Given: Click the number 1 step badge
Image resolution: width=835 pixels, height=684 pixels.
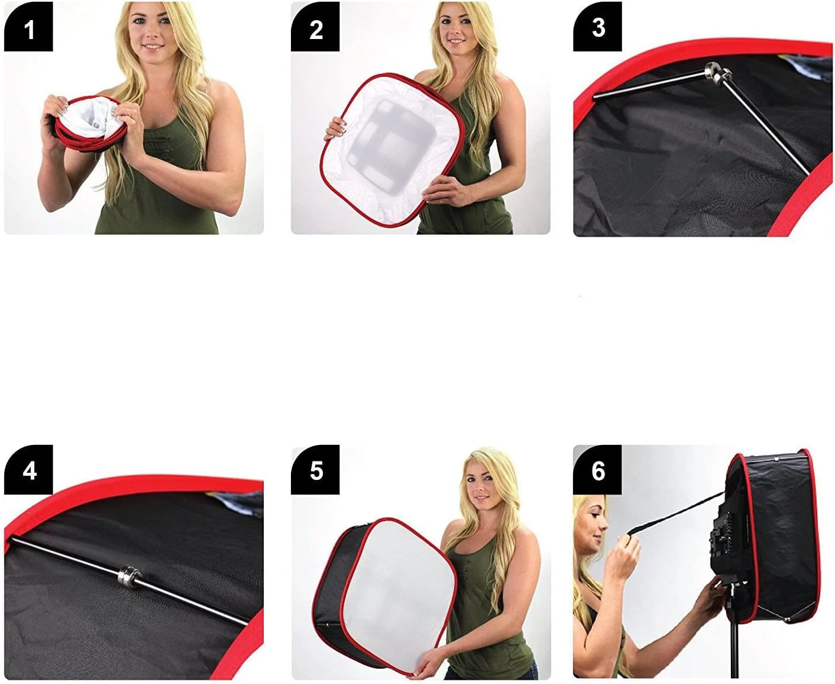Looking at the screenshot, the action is (28, 27).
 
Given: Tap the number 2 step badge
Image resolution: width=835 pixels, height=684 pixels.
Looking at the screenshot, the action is (315, 27).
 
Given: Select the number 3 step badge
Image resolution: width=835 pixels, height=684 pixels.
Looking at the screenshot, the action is (597, 27).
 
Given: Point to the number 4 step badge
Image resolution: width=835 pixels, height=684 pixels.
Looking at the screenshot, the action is (28, 470).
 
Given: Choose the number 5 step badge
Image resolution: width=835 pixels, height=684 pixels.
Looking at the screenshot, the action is (315, 470).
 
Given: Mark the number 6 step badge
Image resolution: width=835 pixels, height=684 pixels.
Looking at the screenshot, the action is (597, 470).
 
